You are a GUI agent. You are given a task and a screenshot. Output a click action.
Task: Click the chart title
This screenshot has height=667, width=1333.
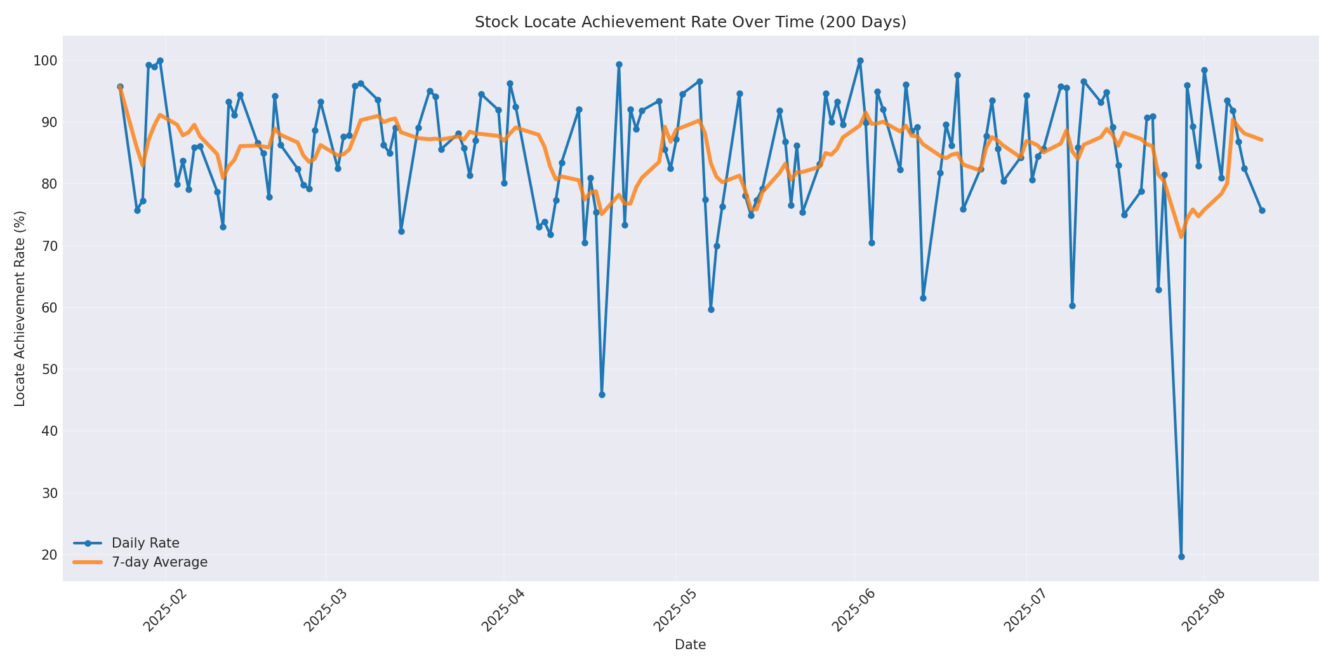click(690, 22)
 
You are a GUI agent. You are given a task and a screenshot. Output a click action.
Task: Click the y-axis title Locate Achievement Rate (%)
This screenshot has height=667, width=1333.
click(20, 308)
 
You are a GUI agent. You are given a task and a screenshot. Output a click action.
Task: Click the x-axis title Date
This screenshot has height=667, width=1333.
click(690, 645)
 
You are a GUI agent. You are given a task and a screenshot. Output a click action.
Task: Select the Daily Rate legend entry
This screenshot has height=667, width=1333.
click(145, 543)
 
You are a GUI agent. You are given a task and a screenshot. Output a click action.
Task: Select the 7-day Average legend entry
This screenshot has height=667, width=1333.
click(159, 562)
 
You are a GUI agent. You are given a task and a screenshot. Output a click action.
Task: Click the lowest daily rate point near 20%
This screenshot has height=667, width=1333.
click(1181, 556)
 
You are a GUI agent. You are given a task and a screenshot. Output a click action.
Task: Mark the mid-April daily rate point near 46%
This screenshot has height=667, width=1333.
click(602, 394)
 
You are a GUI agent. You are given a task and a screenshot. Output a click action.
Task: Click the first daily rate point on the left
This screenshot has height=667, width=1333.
click(120, 86)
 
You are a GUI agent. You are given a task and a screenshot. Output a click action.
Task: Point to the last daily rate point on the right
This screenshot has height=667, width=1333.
click(1262, 210)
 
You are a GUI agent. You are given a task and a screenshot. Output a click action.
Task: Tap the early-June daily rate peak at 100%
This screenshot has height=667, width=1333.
click(860, 61)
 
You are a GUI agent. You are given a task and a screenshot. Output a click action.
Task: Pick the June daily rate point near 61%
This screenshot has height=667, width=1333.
click(923, 298)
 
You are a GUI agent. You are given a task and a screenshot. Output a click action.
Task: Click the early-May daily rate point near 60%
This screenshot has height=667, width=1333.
click(711, 309)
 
